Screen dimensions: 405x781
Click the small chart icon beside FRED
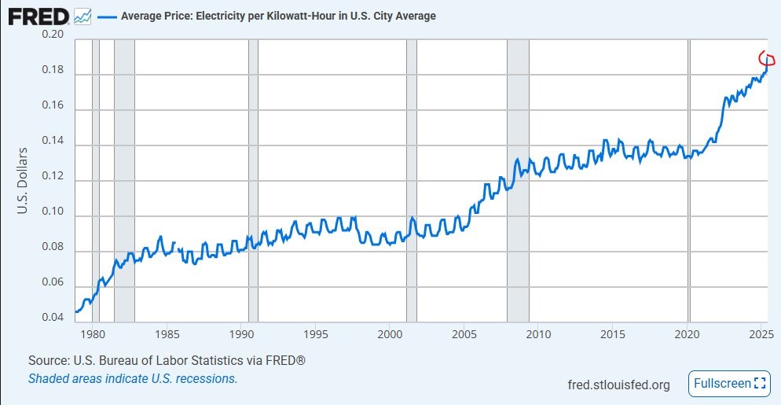(82, 16)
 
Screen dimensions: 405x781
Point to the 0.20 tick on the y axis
(53, 35)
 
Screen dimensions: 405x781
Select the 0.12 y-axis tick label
(53, 180)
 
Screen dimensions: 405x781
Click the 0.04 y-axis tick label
(53, 318)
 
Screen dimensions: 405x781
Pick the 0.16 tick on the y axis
(53, 109)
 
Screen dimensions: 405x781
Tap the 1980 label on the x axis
(93, 333)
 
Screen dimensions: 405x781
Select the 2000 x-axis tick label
(390, 333)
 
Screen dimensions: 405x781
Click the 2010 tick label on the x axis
(539, 333)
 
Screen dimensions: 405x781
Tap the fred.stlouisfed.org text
(618, 385)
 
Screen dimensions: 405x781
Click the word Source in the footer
(49, 360)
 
